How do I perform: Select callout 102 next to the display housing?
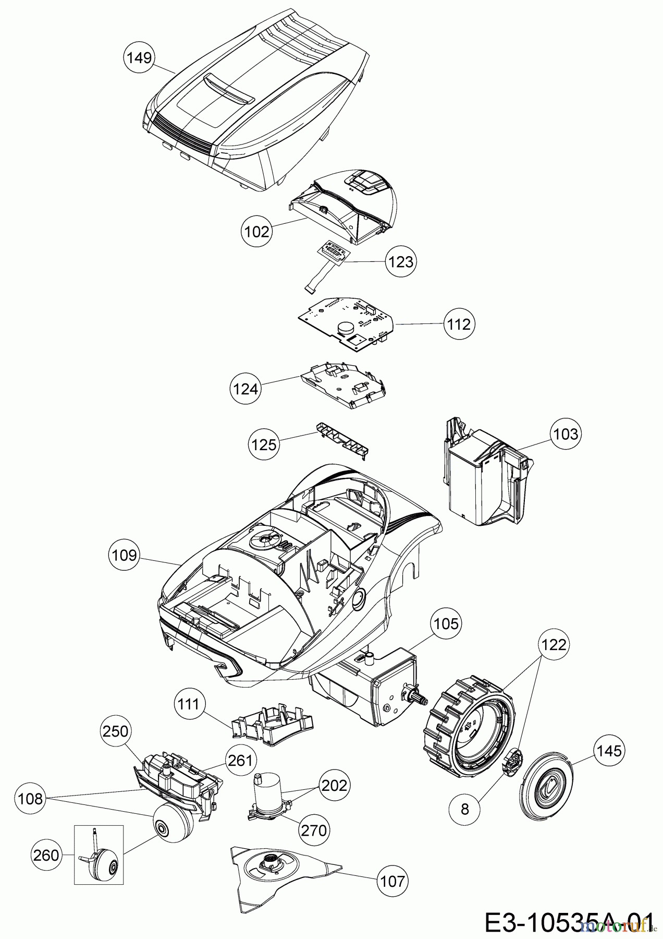(257, 231)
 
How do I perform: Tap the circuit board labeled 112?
(346, 323)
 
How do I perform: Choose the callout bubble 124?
(245, 388)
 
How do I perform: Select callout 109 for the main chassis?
(124, 555)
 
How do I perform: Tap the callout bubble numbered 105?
(446, 623)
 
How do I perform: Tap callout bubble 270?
(314, 829)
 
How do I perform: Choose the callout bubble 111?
(188, 705)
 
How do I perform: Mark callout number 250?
(115, 731)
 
